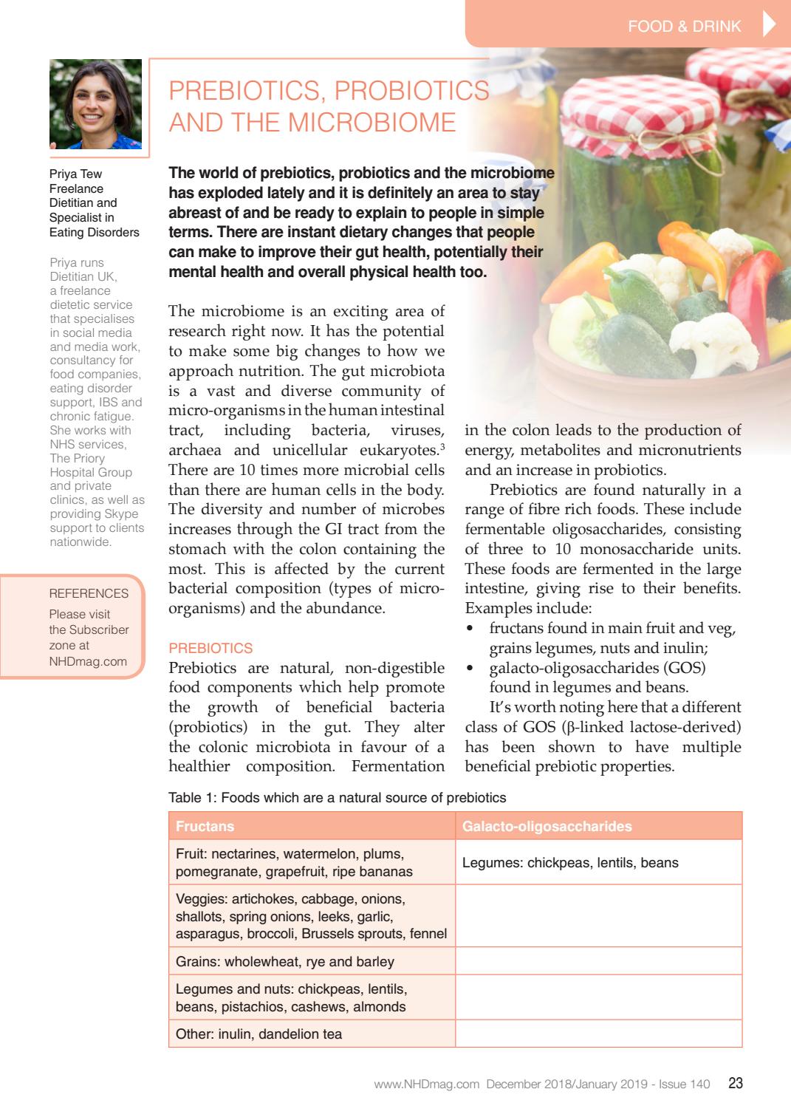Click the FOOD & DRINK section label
tap(684, 27)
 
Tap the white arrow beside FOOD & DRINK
tap(768, 25)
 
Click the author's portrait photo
tap(95, 104)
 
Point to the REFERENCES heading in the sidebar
tap(89, 593)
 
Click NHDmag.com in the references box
tap(88, 661)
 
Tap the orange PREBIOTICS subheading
tap(210, 648)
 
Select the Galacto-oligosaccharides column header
tap(547, 826)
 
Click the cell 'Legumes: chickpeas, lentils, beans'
tap(570, 863)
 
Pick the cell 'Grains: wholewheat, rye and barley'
tap(285, 962)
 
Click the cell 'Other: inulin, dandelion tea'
tap(258, 1034)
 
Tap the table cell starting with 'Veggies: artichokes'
tap(311, 916)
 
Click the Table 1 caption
tap(338, 798)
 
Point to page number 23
tap(735, 1084)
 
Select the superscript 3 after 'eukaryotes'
tap(442, 446)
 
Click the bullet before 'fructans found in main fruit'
tap(470, 629)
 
